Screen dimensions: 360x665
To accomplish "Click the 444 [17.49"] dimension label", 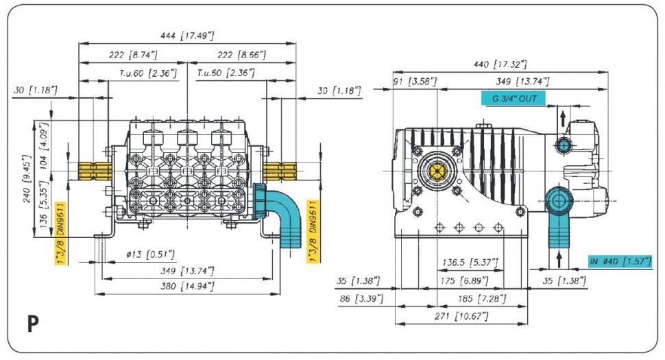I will tap(187, 36).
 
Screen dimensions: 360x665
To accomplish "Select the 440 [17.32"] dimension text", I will tap(500, 64).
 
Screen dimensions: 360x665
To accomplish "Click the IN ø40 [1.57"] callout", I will tap(619, 261).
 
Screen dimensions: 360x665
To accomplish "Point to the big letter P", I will tap(32, 324).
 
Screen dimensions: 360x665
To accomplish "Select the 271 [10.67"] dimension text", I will tap(461, 315).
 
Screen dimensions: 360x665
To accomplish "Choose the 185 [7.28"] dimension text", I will tap(481, 299).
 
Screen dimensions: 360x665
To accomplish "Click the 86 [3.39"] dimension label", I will tap(361, 299).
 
